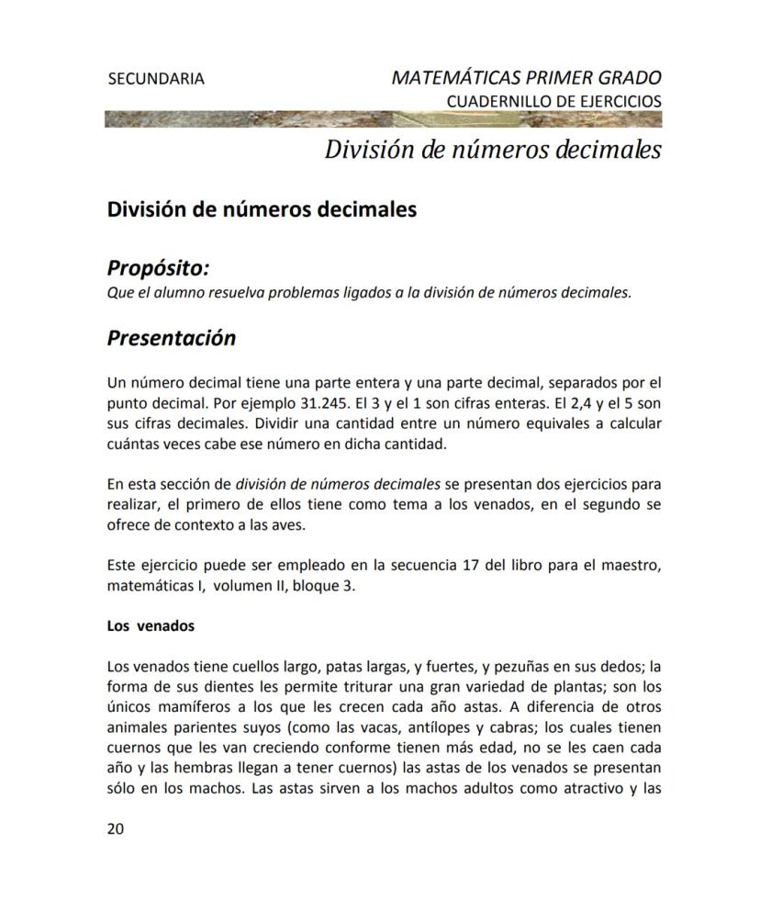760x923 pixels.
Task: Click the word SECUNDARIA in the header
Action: pyautogui.click(x=156, y=79)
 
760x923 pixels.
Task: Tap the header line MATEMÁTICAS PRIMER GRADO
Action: pyautogui.click(x=526, y=77)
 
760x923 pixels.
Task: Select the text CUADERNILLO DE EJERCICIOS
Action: pyautogui.click(x=553, y=101)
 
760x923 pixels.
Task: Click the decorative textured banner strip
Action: pyautogui.click(x=384, y=119)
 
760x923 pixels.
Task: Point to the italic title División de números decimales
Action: pyautogui.click(x=493, y=150)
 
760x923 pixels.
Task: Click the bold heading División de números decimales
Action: pyautogui.click(x=262, y=209)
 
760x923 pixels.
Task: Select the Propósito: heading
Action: pyautogui.click(x=159, y=268)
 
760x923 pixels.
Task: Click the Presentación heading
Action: pyautogui.click(x=172, y=338)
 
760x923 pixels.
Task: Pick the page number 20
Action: pyautogui.click(x=116, y=828)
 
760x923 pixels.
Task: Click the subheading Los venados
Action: pyautogui.click(x=151, y=626)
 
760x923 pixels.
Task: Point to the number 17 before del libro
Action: pyautogui.click(x=473, y=564)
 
